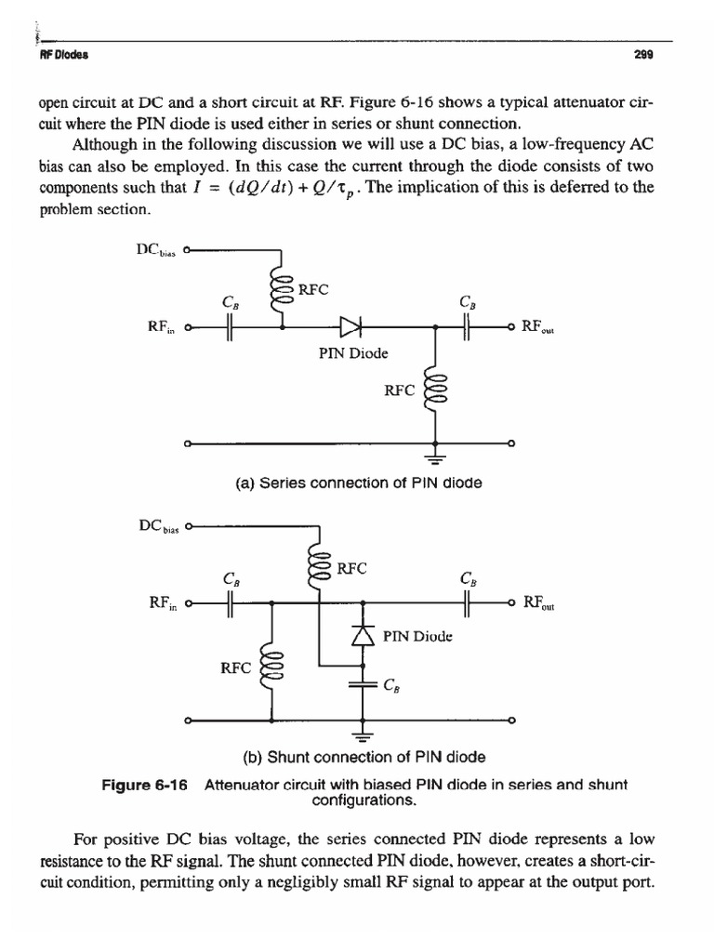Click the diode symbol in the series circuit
tap(351, 326)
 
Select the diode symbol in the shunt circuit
tap(363, 635)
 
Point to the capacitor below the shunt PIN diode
tap(363, 686)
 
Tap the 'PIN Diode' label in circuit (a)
tap(351, 353)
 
